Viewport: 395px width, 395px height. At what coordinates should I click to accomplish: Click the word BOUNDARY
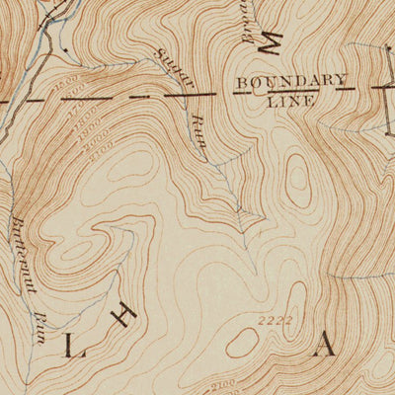click(290, 82)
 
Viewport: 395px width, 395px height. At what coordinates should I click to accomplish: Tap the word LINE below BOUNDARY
click(289, 100)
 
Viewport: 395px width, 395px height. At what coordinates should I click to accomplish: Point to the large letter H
click(124, 317)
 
